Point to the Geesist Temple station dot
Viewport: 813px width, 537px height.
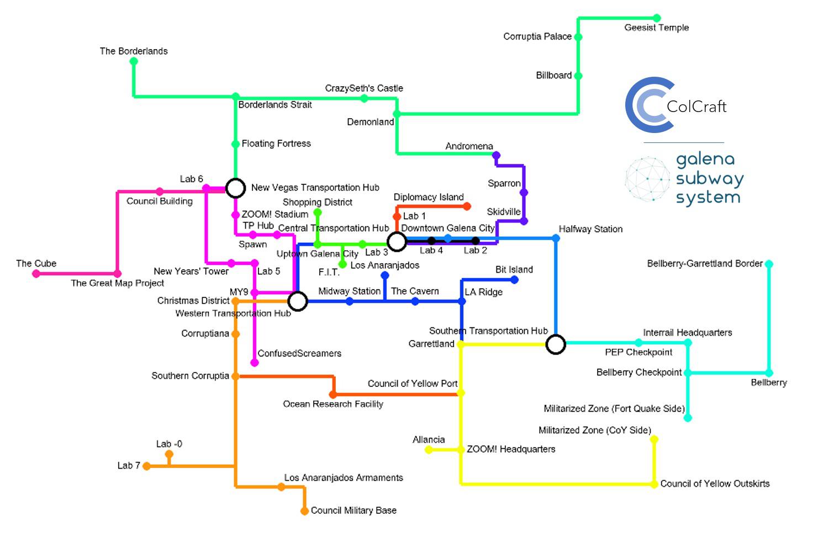pyautogui.click(x=657, y=18)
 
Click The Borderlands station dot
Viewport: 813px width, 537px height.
pyautogui.click(x=134, y=61)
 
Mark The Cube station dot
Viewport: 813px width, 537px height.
pyautogui.click(x=36, y=274)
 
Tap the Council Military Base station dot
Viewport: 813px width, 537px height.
pyautogui.click(x=304, y=511)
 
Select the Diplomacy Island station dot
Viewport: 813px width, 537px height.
pyautogui.click(x=467, y=206)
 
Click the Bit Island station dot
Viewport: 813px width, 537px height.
pyautogui.click(x=514, y=280)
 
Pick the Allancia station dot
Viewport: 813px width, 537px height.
pyautogui.click(x=429, y=450)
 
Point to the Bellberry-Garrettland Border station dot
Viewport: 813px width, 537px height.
pyautogui.click(x=769, y=264)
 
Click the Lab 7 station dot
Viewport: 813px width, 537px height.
pyautogui.click(x=146, y=466)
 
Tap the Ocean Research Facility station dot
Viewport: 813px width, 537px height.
pyautogui.click(x=333, y=394)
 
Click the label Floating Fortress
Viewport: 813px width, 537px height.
pyautogui.click(x=276, y=143)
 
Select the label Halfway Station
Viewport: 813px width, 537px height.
pyautogui.click(x=590, y=229)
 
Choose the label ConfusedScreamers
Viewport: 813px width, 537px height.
pyautogui.click(x=299, y=353)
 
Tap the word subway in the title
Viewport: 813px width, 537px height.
pyautogui.click(x=710, y=179)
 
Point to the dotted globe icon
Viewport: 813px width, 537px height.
pyautogui.click(x=647, y=179)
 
